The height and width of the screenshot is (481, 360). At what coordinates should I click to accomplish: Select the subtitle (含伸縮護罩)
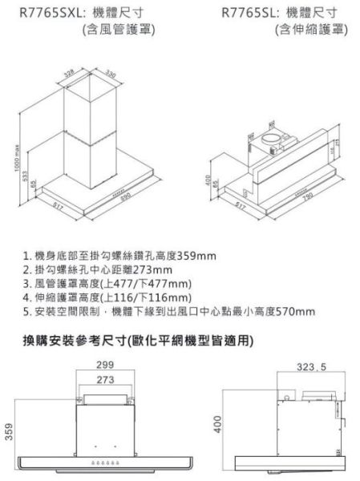pos(309,30)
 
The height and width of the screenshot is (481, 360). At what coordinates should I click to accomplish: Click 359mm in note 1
pos(196,257)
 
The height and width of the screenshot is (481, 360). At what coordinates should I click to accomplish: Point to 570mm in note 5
pos(297,312)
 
